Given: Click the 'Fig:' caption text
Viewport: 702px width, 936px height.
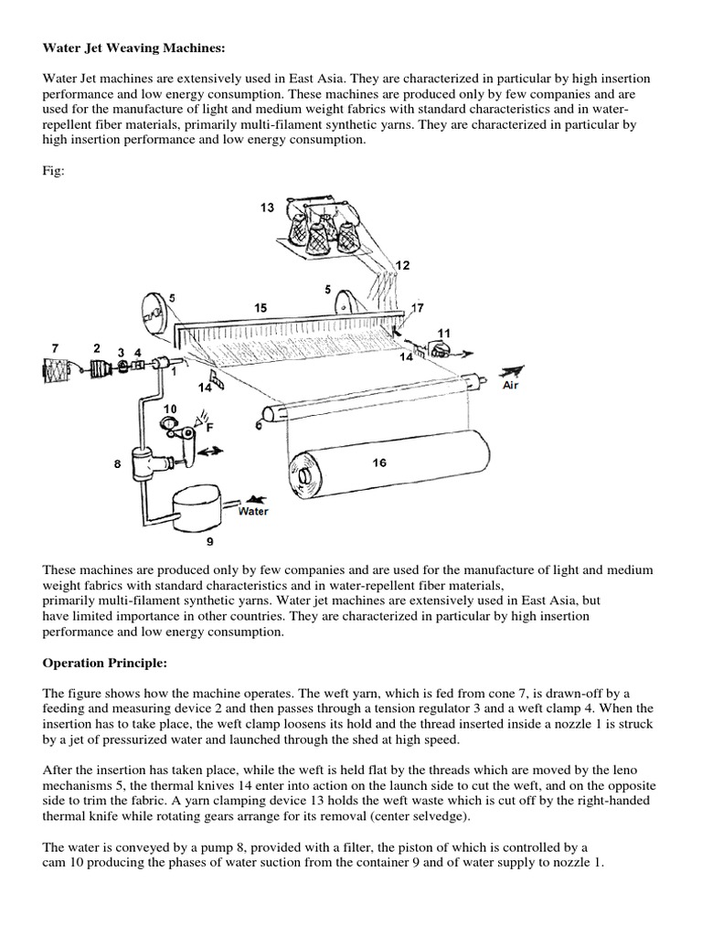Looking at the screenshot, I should coord(54,172).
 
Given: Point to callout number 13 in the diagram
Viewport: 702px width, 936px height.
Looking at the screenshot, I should coord(267,208).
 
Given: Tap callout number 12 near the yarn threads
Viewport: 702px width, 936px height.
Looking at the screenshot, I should coord(402,264).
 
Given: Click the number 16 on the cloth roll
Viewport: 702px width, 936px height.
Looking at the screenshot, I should coord(379,463).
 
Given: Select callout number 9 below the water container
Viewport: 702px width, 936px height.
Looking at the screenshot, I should coord(209,541).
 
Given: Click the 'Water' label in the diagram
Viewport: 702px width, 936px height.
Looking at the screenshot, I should coord(253,512).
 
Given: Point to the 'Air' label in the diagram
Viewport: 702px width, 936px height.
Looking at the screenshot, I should coord(515,385).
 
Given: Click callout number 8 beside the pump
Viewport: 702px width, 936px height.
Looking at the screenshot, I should coord(117,464).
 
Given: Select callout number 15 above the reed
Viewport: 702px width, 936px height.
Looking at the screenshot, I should coord(261,309).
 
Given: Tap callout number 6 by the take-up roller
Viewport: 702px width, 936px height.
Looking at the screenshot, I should coord(260,424).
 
